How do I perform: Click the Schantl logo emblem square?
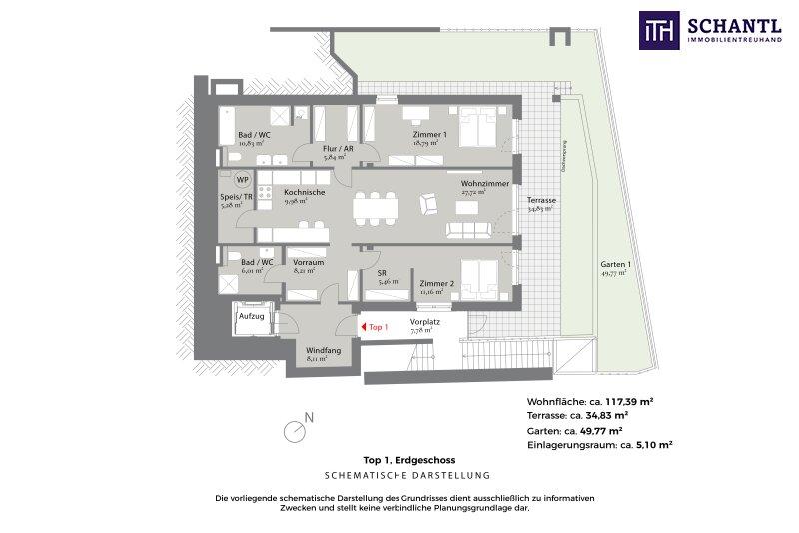coord(660,30)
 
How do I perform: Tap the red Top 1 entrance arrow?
coord(362,327)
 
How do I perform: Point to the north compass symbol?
coord(295,430)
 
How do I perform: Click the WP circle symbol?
coord(242,181)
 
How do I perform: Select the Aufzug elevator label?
coord(251,316)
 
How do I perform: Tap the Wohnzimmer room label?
coord(485,185)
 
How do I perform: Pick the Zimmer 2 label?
coord(436,283)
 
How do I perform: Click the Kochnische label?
coord(301,193)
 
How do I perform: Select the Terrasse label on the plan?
coord(542,201)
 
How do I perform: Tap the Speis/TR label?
coord(236,198)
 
